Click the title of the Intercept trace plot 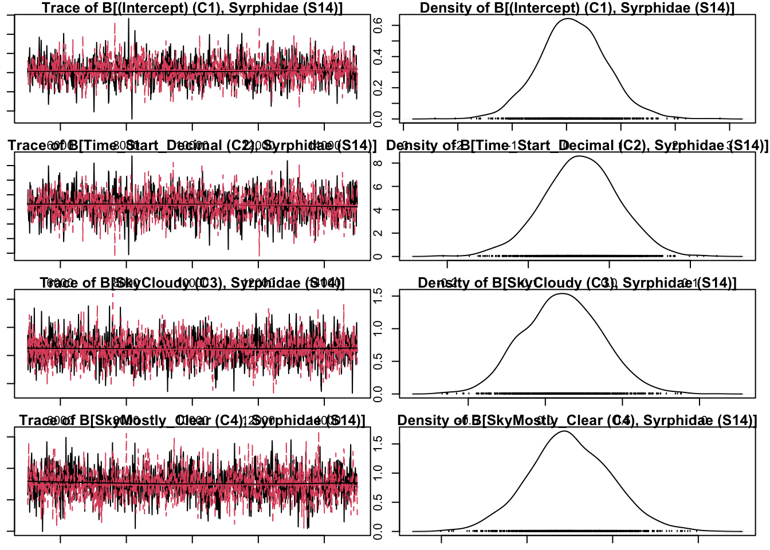click(x=192, y=8)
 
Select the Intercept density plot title click(x=577, y=8)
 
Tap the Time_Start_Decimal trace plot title click(x=192, y=146)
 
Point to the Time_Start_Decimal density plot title click(x=577, y=146)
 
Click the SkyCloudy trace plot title click(x=192, y=283)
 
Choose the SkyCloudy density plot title click(x=577, y=283)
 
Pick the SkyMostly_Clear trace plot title click(x=192, y=421)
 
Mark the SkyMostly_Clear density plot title click(x=577, y=421)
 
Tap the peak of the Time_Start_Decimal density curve click(x=580, y=156)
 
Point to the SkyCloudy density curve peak click(x=561, y=294)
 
